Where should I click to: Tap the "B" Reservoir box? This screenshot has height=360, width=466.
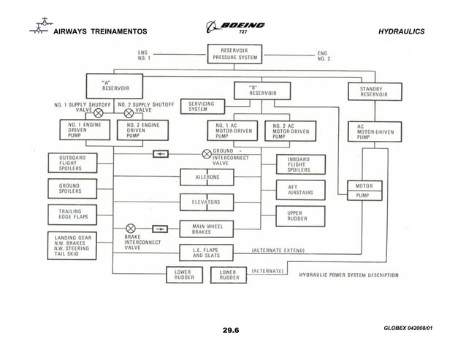[x=261, y=91]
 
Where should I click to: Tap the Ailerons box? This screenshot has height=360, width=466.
[x=205, y=177]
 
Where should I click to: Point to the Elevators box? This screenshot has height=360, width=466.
[x=205, y=202]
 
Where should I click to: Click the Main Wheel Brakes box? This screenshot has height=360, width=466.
[x=207, y=229]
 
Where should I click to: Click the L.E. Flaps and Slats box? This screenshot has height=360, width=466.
[x=210, y=253]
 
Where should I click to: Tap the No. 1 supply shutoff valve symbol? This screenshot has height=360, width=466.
[x=98, y=113]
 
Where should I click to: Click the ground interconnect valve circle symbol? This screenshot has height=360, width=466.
[x=207, y=154]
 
